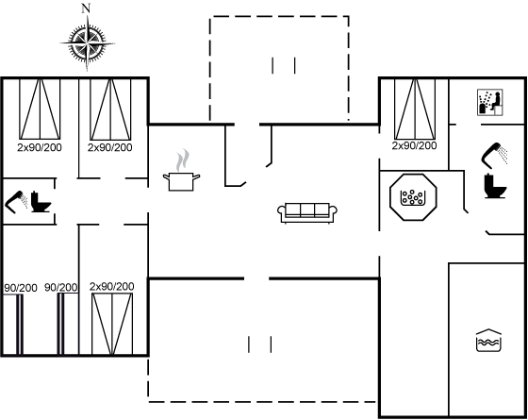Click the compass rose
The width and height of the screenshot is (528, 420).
87,43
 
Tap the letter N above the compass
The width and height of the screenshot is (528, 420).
87,8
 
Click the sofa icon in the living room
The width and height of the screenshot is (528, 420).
307,213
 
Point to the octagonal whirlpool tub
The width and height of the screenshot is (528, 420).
413,197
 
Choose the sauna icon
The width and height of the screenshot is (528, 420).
490,102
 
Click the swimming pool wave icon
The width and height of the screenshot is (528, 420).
488,341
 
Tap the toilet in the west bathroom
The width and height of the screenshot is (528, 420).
41,202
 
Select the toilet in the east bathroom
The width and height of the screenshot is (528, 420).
495,186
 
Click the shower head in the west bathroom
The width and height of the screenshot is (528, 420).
15,202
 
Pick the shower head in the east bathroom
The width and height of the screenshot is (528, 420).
494,156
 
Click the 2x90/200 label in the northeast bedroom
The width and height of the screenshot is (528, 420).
414,145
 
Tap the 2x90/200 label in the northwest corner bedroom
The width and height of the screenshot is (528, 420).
40,147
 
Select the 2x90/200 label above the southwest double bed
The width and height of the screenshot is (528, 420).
112,287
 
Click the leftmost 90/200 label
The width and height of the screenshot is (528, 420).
21,288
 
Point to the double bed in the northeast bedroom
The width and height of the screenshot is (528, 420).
415,109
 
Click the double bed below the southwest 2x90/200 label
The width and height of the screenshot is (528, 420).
112,324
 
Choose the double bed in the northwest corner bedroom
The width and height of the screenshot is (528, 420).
40,109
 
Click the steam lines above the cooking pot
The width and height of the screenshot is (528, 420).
182,160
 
